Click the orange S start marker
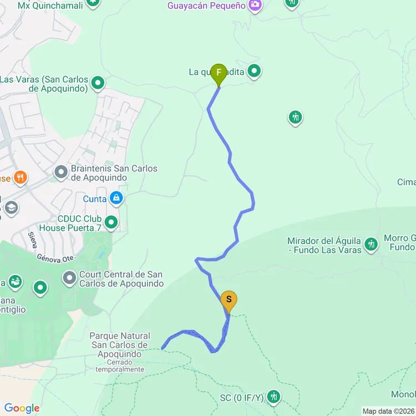pyautogui.click(x=229, y=301)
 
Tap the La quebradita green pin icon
pyautogui.click(x=255, y=71)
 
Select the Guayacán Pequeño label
pyautogui.click(x=206, y=6)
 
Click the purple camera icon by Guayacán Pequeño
pyautogui.click(x=255, y=5)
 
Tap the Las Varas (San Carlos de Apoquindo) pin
pyautogui.click(x=98, y=84)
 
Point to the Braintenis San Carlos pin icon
pyautogui.click(x=61, y=173)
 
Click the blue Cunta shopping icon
pyautogui.click(x=116, y=197)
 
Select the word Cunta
pyautogui.click(x=95, y=199)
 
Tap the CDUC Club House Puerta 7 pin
pyautogui.click(x=111, y=223)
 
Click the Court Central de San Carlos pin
pyautogui.click(x=69, y=276)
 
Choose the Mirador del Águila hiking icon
pyautogui.click(x=371, y=243)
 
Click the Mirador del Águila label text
pyautogui.click(x=324, y=245)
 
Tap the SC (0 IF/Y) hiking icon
pyautogui.click(x=273, y=397)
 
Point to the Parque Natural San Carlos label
pyautogui.click(x=120, y=344)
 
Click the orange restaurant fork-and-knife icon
pyautogui.click(x=21, y=177)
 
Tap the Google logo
pyautogui.click(x=22, y=408)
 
